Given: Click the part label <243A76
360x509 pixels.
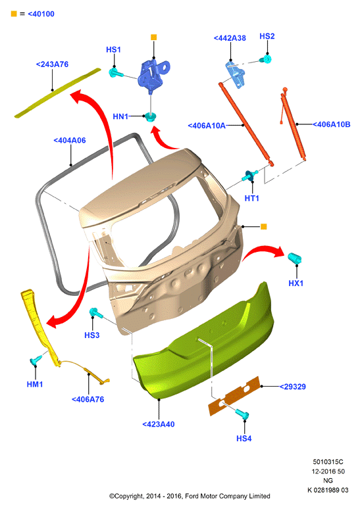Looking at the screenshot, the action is (x=52, y=64).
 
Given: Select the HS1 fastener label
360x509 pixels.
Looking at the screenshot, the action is (x=113, y=50).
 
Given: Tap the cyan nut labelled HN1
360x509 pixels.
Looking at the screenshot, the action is (x=150, y=116).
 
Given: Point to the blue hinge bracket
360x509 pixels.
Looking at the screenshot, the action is (x=153, y=76).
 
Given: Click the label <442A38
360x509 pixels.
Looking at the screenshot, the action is (x=230, y=38).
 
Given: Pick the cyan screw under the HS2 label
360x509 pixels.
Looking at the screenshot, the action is (x=265, y=59).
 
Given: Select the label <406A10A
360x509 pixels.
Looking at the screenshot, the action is (x=207, y=126).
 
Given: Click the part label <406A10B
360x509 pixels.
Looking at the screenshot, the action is (x=332, y=124).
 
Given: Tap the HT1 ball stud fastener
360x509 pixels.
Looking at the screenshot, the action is (x=249, y=176).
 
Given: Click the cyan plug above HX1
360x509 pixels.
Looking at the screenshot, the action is (x=295, y=258).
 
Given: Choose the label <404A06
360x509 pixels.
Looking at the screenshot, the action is (x=70, y=141).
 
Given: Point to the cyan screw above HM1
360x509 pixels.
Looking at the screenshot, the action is (x=36, y=360).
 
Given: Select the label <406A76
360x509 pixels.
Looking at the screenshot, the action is (x=88, y=400).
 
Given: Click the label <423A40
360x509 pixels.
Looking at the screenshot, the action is (x=159, y=424).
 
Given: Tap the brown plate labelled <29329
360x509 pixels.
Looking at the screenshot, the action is (x=234, y=396).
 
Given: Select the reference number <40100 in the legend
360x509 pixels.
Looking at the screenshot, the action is (x=41, y=14).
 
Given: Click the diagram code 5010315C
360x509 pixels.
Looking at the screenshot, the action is (x=328, y=462).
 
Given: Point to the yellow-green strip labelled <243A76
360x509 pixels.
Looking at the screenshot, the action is (x=58, y=93).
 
